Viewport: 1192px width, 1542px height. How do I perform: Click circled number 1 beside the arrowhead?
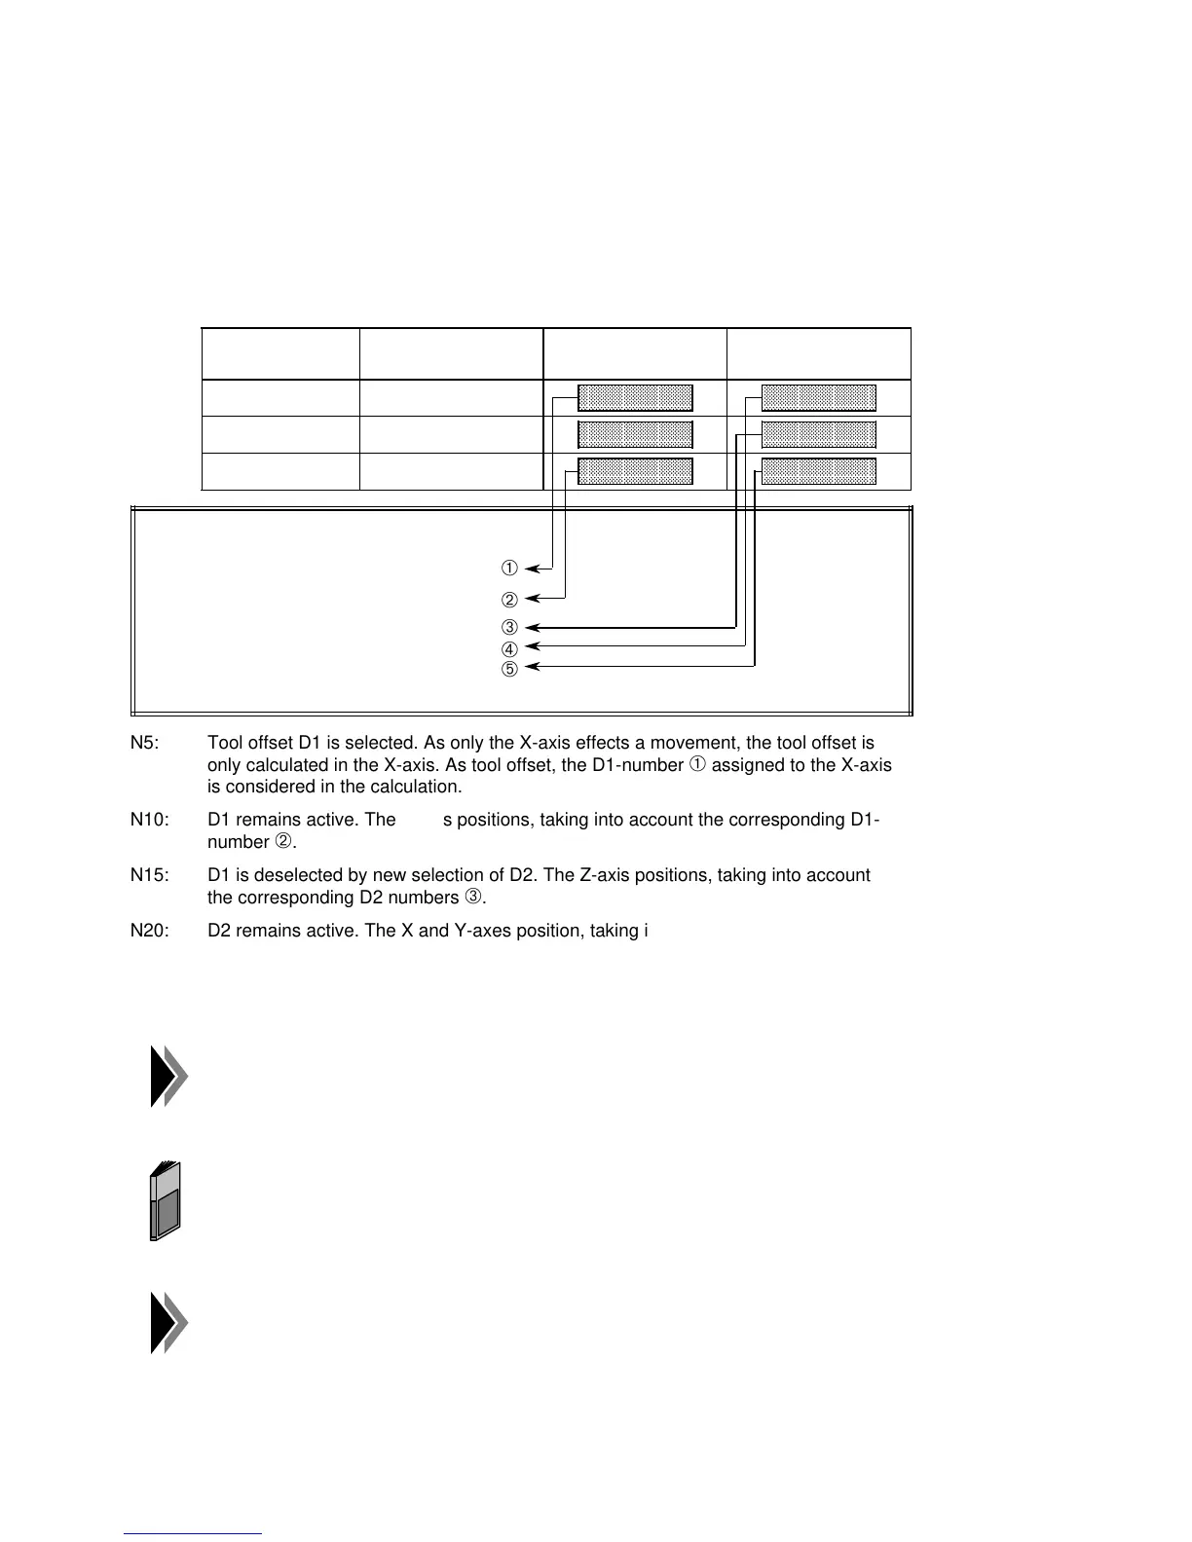click(x=508, y=568)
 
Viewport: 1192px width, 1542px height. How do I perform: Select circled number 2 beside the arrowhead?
click(x=508, y=600)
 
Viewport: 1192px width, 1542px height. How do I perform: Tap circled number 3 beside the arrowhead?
click(x=508, y=628)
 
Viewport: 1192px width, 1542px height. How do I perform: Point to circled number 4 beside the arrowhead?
click(x=508, y=648)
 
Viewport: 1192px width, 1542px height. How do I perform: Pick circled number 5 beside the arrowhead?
click(x=508, y=669)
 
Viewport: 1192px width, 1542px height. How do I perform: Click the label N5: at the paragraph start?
click(x=145, y=744)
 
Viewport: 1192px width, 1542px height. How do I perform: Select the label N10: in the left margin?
click(x=149, y=820)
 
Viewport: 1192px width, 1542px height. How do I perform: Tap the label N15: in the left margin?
click(x=149, y=875)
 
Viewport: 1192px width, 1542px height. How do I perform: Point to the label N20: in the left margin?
click(x=149, y=931)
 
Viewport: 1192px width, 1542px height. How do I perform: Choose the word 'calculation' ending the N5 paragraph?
click(x=414, y=787)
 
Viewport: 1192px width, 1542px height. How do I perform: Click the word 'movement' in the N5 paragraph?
click(x=704, y=744)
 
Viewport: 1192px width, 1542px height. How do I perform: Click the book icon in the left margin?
click(x=167, y=1200)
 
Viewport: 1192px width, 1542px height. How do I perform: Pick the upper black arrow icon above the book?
click(x=168, y=1077)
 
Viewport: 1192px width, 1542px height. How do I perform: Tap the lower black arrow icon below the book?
click(x=168, y=1323)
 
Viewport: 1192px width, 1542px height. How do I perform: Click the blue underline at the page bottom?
click(x=193, y=1533)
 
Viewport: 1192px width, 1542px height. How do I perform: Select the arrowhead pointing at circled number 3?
click(x=531, y=628)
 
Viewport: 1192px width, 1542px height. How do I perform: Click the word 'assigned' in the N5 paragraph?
click(x=745, y=765)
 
